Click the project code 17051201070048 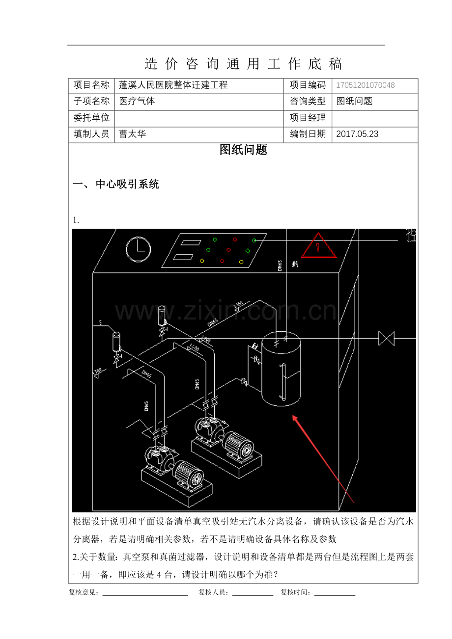click(365, 85)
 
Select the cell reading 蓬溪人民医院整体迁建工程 click(173, 85)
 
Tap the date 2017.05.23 click(357, 134)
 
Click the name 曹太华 click(132, 133)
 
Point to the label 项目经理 click(308, 118)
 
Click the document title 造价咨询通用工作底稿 click(243, 63)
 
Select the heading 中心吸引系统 click(127, 185)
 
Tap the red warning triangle click(318, 247)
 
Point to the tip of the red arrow click(294, 417)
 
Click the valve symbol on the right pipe click(387, 338)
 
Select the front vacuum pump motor click(188, 474)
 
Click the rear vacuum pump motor click(238, 445)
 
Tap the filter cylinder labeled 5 click(117, 341)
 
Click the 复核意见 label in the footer click(84, 592)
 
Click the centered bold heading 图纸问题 click(243, 150)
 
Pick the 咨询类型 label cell click(308, 101)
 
